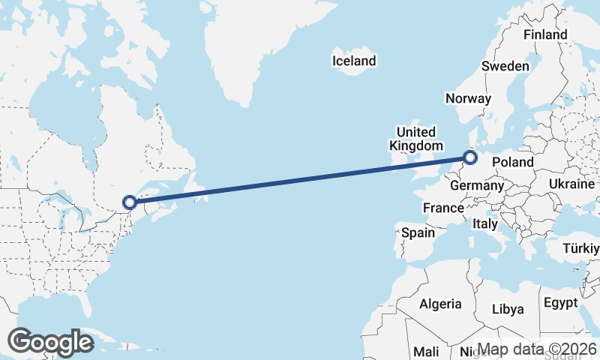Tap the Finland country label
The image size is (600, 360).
pos(545,35)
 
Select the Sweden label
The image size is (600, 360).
pos(505,66)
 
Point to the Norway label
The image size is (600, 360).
pos(468,98)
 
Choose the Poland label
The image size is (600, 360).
pos(513,162)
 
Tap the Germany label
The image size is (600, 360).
pos(477,185)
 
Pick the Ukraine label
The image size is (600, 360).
pos(571,184)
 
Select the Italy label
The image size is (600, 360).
pos(485,223)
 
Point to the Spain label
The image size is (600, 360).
pos(418,232)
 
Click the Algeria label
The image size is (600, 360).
pos(440,304)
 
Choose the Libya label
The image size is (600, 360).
pos(508,309)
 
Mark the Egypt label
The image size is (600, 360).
pos(561,303)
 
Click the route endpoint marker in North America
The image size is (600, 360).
pos(129,202)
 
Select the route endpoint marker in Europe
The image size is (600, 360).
pos(470,157)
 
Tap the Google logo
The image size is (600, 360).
pos(50,342)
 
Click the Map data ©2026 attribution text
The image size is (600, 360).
pos(537,349)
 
